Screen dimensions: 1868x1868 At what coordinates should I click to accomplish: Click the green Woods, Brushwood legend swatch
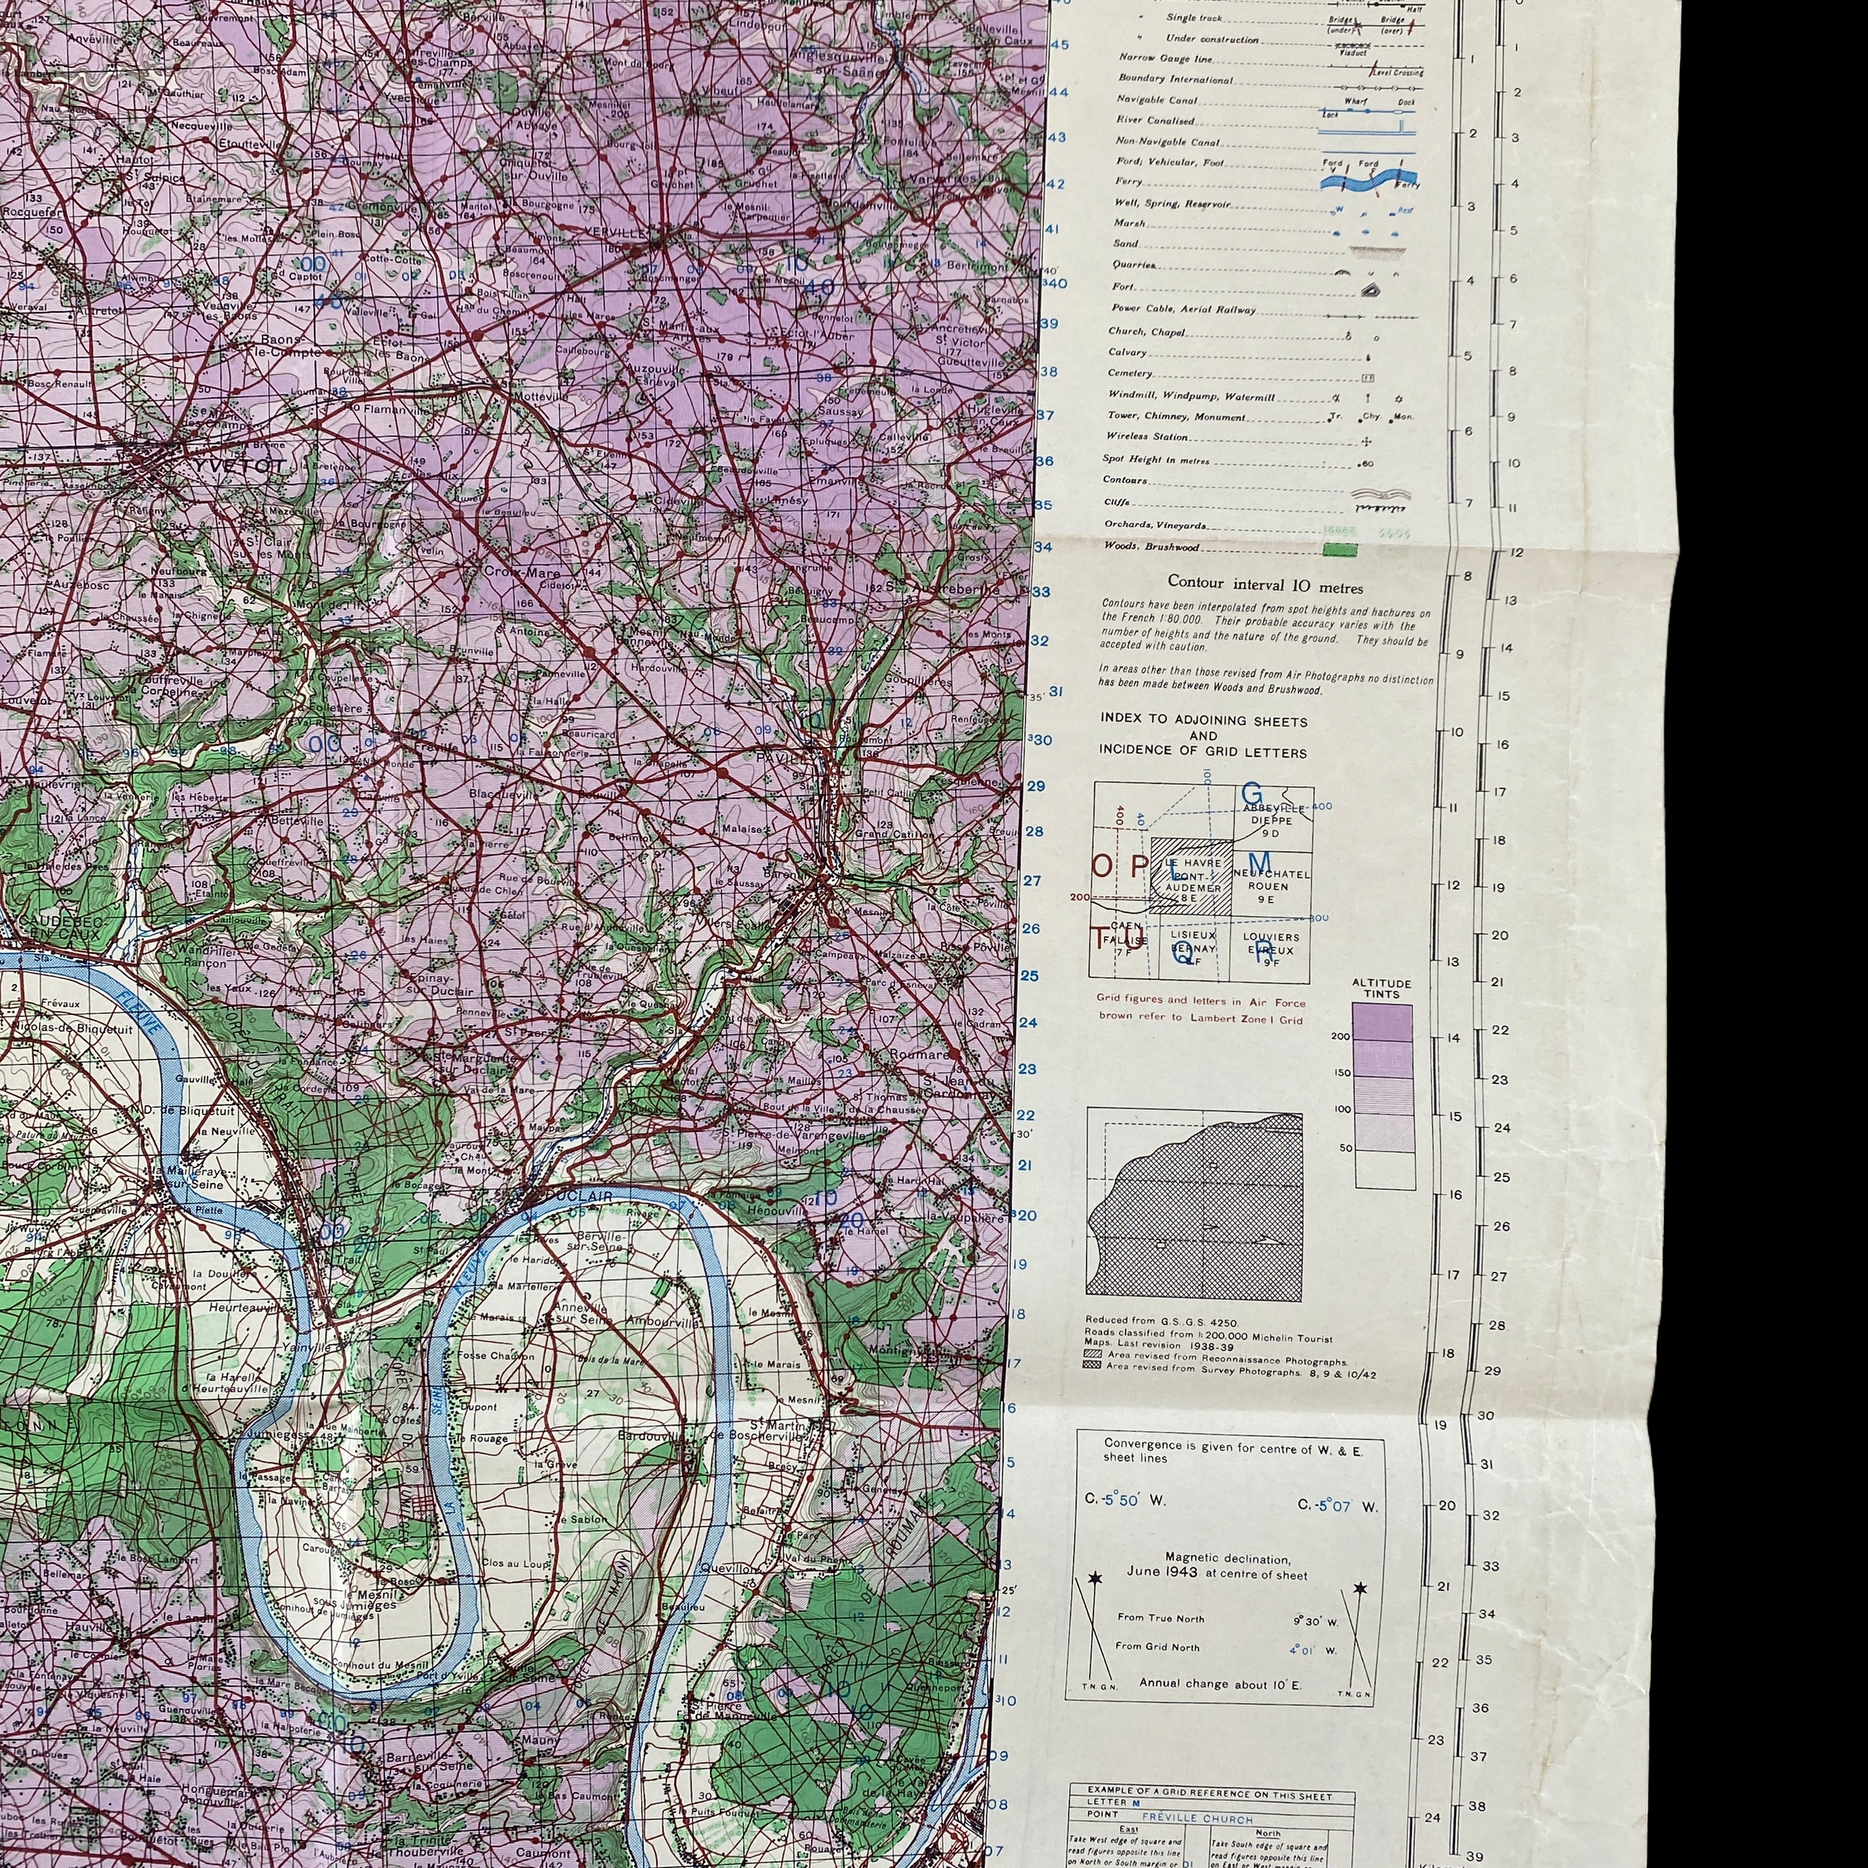click(x=1338, y=550)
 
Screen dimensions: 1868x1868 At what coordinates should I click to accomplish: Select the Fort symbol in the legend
click(x=1369, y=289)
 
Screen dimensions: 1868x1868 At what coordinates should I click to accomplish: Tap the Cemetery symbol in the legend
click(x=1368, y=377)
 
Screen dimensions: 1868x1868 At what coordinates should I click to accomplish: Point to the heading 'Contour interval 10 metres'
click(x=1265, y=586)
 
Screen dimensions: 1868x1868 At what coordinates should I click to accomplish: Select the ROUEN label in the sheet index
click(x=1268, y=886)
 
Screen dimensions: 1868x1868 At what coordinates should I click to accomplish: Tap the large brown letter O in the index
click(x=1103, y=866)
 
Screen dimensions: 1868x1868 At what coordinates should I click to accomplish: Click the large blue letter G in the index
click(x=1252, y=794)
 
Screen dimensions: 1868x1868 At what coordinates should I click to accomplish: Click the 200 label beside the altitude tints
click(x=1340, y=1035)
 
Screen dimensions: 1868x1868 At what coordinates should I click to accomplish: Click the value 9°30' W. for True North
click(x=1313, y=1621)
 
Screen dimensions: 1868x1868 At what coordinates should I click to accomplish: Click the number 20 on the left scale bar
click(x=1448, y=1505)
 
